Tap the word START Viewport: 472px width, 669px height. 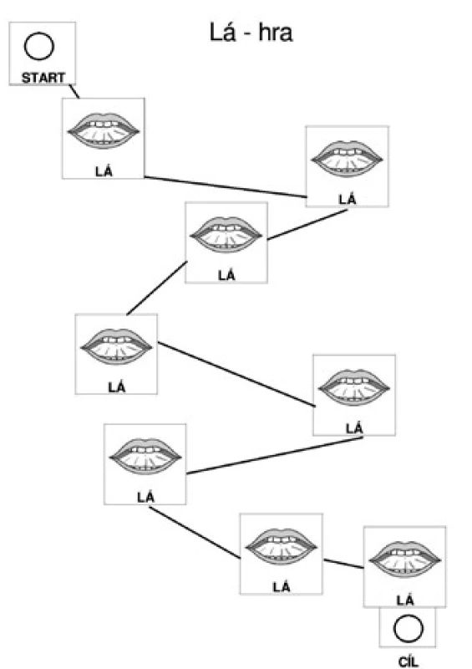[x=43, y=78]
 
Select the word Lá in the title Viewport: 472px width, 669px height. [x=222, y=32]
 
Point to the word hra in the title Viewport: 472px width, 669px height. [x=276, y=33]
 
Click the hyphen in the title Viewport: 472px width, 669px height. [x=247, y=34]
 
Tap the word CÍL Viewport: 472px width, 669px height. [x=408, y=661]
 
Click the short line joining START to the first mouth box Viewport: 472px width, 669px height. [x=74, y=91]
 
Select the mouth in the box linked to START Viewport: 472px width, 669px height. [x=104, y=130]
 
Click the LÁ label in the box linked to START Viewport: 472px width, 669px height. [x=104, y=171]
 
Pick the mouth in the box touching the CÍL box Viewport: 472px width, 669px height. [x=404, y=559]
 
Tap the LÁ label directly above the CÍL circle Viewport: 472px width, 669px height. [x=405, y=600]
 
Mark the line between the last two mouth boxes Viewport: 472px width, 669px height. [x=343, y=564]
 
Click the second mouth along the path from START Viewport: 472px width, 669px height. [x=347, y=159]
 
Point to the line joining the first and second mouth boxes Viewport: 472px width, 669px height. [x=225, y=186]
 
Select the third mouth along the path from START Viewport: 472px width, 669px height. [x=226, y=235]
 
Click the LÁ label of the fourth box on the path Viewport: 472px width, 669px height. [x=117, y=387]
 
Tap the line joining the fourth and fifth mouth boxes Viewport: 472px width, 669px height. [x=236, y=374]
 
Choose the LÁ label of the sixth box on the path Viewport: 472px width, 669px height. [x=146, y=497]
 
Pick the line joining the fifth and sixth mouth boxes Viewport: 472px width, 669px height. [x=275, y=455]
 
